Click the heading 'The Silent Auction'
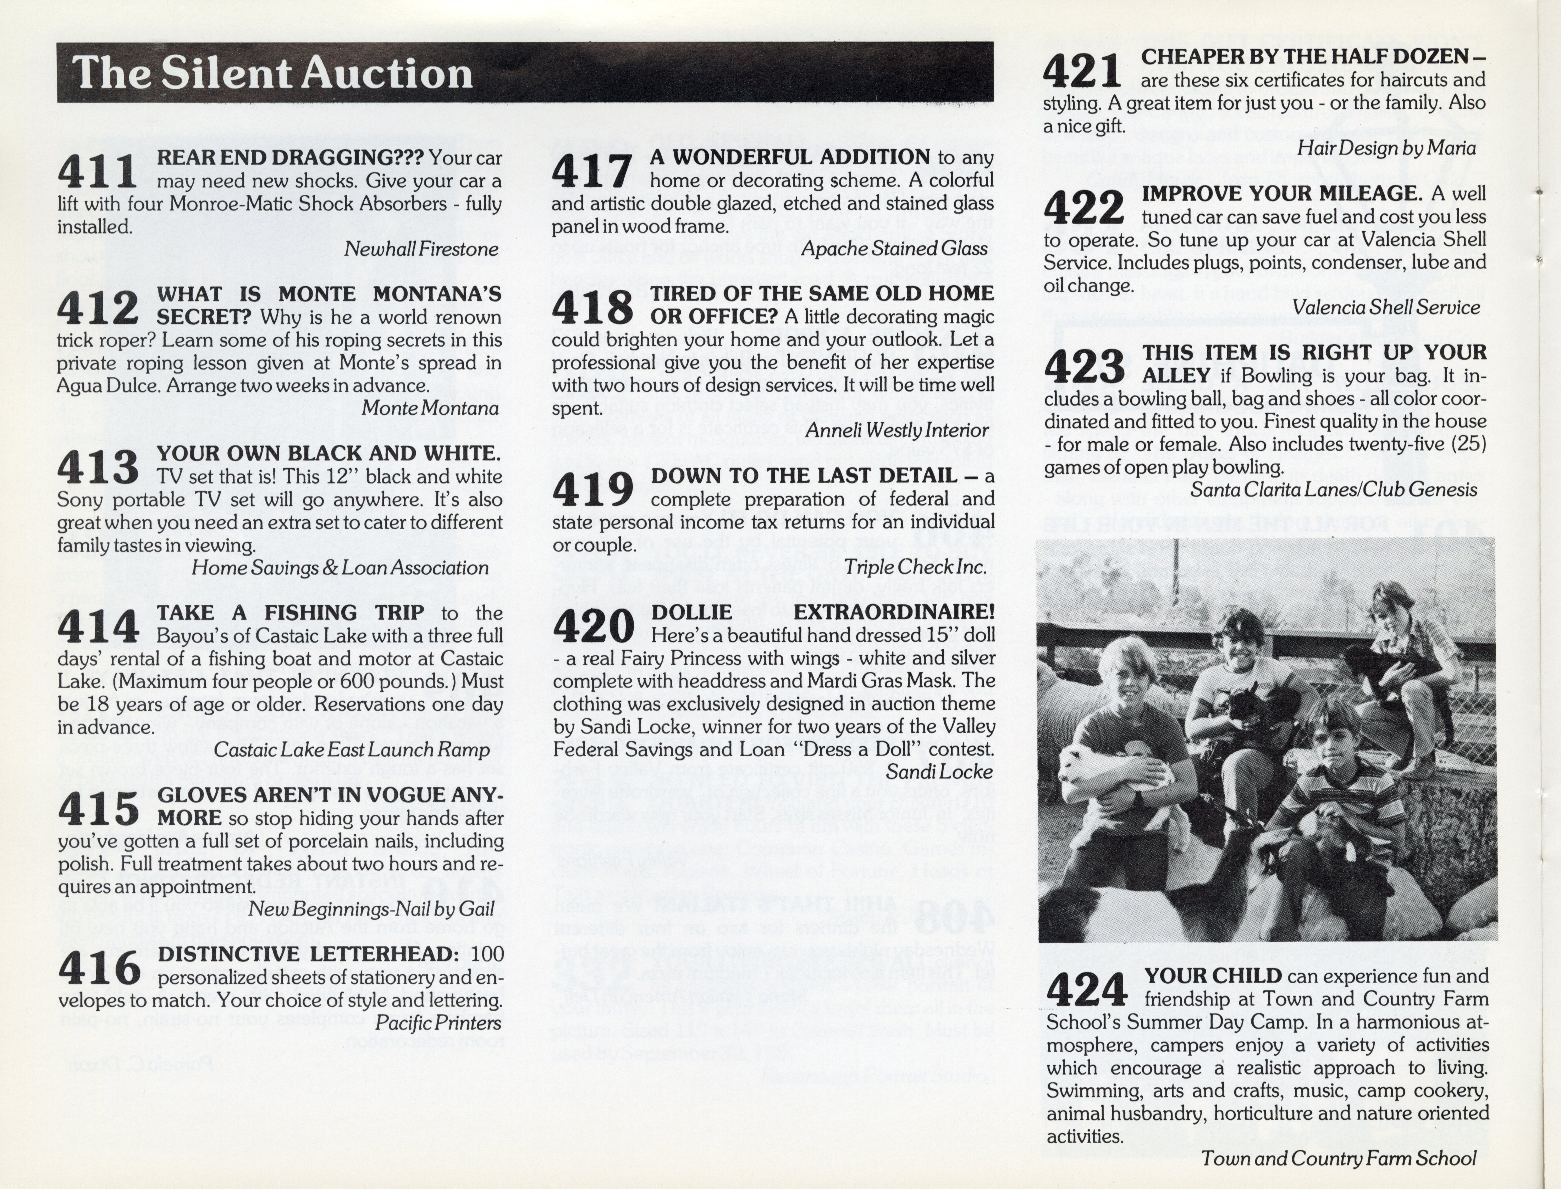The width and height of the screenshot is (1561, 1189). pos(272,73)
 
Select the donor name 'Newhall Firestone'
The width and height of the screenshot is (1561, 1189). pos(421,249)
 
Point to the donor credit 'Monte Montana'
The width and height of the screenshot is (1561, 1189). pos(430,408)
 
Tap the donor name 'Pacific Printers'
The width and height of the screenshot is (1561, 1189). pos(437,1023)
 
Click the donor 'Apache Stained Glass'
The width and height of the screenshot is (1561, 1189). pos(894,249)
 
